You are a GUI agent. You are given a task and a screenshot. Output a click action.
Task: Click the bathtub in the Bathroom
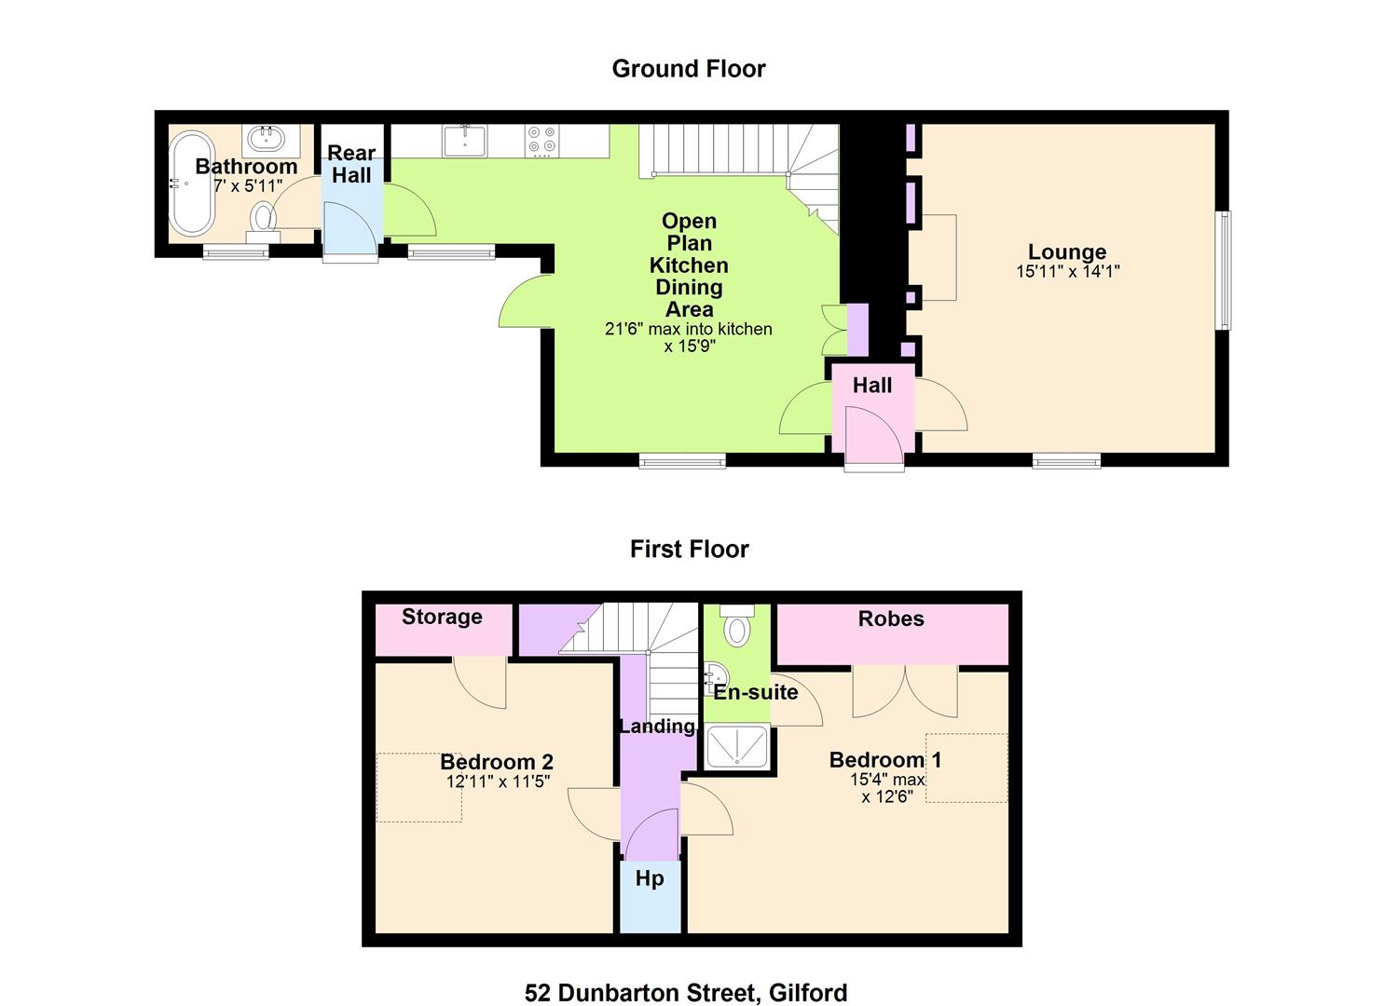click(192, 184)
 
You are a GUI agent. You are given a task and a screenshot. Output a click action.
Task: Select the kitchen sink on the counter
click(465, 141)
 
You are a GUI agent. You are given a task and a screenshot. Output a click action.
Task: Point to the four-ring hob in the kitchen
click(541, 141)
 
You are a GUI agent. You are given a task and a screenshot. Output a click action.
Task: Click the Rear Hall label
click(351, 164)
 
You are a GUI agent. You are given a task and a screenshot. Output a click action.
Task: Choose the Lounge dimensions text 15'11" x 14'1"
click(1068, 271)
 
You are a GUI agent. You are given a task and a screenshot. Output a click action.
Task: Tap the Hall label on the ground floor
click(871, 386)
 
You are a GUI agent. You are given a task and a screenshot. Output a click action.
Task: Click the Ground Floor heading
click(689, 69)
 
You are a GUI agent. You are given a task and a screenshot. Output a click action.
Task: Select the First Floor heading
click(689, 549)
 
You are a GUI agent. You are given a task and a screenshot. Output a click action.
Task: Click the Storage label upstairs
click(442, 617)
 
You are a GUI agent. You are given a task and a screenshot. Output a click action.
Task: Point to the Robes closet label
click(891, 619)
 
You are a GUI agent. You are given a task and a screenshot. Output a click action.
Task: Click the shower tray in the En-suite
click(736, 747)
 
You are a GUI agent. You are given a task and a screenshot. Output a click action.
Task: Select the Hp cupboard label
click(650, 878)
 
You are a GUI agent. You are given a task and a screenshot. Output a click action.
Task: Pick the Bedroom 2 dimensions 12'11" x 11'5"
click(498, 782)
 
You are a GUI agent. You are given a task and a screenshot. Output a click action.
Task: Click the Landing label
click(657, 727)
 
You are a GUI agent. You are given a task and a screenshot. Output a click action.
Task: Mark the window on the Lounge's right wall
click(1223, 270)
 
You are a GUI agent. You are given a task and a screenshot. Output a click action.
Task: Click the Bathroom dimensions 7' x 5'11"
click(248, 185)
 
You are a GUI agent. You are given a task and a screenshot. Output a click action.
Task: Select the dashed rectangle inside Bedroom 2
click(418, 787)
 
